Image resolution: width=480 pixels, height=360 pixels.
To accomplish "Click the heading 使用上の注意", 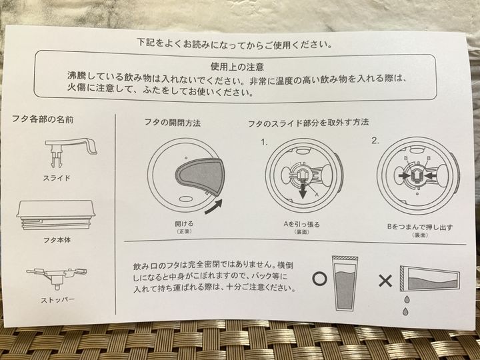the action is tap(237, 67).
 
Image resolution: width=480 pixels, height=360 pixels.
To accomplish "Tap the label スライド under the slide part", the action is tap(57, 178).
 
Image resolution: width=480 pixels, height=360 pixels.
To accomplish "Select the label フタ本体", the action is tap(57, 240).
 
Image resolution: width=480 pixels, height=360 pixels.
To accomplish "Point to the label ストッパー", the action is tap(57, 300).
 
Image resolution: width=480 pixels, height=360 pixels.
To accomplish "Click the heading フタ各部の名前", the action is tap(43, 119).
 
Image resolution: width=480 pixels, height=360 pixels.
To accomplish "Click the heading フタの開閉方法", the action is tap(173, 123).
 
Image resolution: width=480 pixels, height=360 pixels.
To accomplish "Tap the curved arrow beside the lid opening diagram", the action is tap(214, 207).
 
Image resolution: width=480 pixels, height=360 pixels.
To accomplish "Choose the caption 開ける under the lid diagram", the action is tap(184, 224).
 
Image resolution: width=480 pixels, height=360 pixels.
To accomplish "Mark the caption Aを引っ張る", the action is tap(302, 225).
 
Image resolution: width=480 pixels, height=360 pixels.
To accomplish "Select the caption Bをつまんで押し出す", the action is tap(420, 227).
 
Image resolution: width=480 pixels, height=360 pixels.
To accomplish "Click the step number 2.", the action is tap(375, 141).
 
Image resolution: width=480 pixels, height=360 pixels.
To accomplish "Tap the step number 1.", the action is tap(264, 142).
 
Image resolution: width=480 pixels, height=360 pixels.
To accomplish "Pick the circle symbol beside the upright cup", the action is tap(320, 279).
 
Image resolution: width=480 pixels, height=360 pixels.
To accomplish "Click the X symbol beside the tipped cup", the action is tap(385, 281).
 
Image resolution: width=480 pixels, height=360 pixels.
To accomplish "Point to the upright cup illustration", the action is tap(345, 283).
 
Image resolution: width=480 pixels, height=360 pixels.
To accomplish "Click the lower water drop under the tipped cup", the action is tap(405, 311).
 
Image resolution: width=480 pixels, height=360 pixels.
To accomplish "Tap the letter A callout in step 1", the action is tap(317, 195).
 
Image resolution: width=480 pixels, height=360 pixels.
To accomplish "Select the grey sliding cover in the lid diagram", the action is tap(199, 176).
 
